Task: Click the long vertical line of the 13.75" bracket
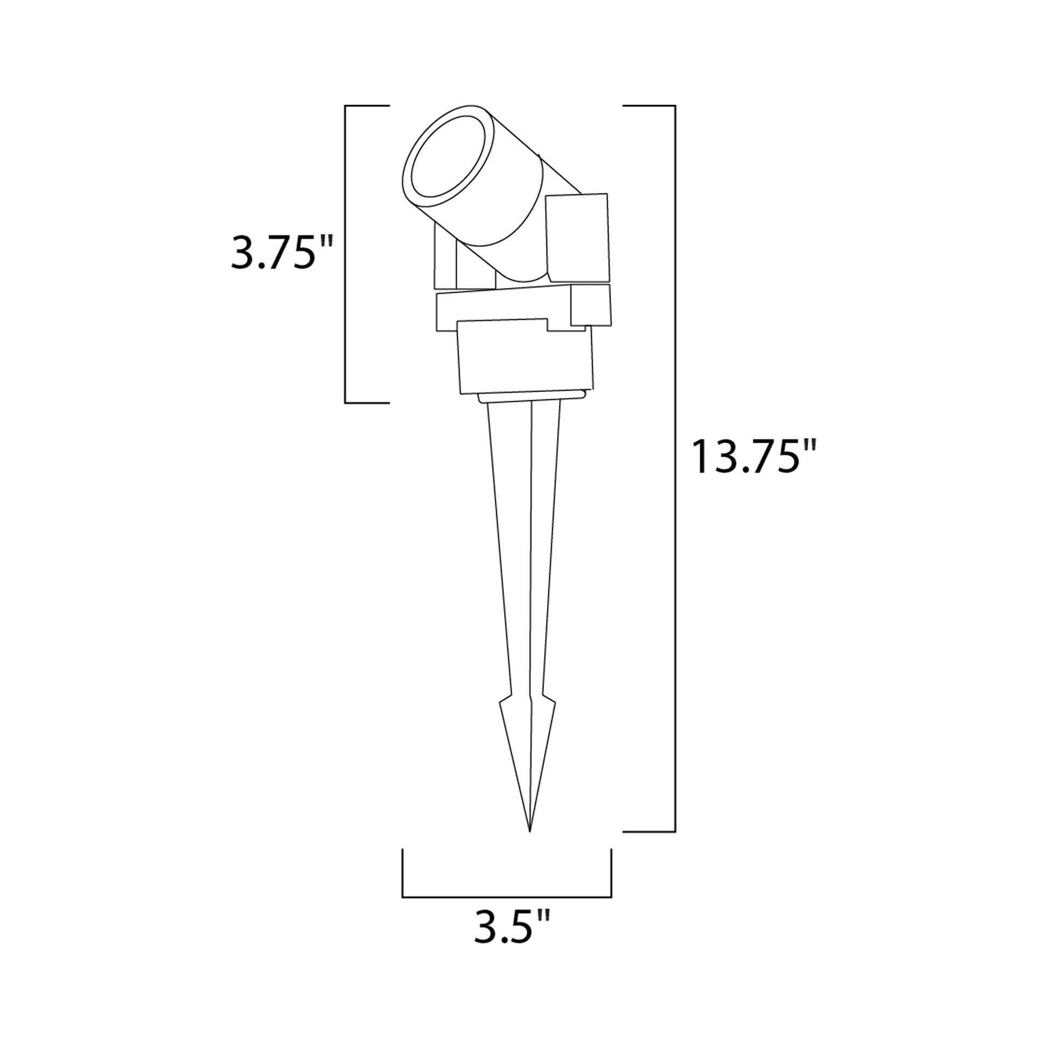675,466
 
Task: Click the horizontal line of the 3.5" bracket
507,897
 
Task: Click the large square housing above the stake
525,361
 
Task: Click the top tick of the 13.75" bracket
648,105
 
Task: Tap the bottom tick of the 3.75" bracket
367,402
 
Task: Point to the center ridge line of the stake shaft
531,542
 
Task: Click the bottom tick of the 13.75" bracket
648,831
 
